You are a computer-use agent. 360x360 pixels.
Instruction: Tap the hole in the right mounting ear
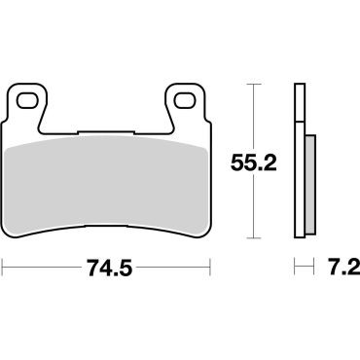coord(182,99)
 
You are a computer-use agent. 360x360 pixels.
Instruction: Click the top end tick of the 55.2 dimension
coord(254,86)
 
